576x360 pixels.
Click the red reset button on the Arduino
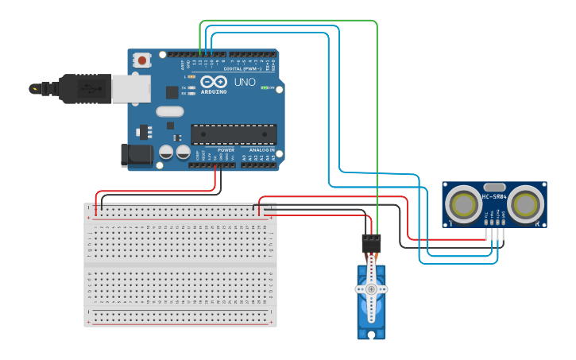pyautogui.click(x=142, y=60)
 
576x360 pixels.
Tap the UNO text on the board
pyautogui.click(x=244, y=81)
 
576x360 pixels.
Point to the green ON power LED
pyautogui.click(x=265, y=87)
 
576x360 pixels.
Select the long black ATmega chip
pyautogui.click(x=234, y=134)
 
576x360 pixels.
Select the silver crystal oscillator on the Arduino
pyautogui.click(x=169, y=112)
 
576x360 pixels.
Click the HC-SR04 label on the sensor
pyautogui.click(x=494, y=196)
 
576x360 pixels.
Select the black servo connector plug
pyautogui.click(x=371, y=242)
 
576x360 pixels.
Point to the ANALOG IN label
pyautogui.click(x=261, y=149)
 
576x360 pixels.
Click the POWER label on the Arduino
pyautogui.click(x=226, y=149)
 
